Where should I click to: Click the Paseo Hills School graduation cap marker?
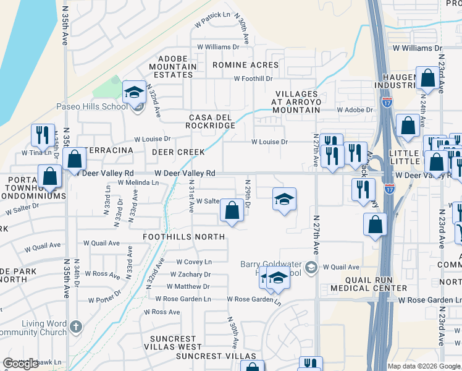coord(133,93)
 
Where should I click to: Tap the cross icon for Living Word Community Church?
coord(75,326)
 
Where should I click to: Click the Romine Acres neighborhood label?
coord(245,65)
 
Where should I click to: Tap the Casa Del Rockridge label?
coord(212,121)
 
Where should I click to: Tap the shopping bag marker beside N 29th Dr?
coord(232,211)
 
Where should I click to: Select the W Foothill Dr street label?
coord(253,79)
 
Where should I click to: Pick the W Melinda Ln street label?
coord(138,183)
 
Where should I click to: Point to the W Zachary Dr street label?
coord(190,275)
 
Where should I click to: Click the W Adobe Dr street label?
coord(355,110)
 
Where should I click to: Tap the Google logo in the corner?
coord(20,364)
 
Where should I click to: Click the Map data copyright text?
coord(424,366)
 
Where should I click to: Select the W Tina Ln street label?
coord(36,152)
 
